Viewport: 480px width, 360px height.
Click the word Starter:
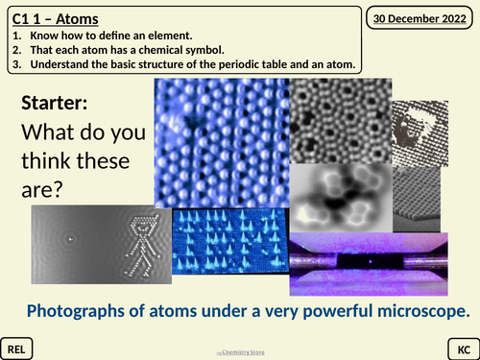coord(56,102)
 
